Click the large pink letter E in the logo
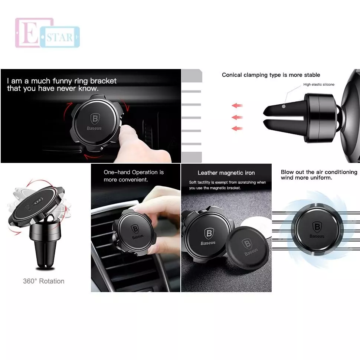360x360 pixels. [29, 33]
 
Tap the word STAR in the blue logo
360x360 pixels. [60, 37]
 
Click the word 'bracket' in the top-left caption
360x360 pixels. [103, 81]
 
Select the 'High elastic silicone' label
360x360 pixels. [319, 85]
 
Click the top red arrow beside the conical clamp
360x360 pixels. [237, 106]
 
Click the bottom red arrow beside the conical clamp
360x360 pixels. [237, 128]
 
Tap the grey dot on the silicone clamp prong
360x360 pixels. [284, 106]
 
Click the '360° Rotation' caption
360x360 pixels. [44, 281]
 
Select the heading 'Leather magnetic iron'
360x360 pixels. [226, 173]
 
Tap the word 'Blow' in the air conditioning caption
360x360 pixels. [287, 172]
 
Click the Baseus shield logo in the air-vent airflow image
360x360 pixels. [317, 227]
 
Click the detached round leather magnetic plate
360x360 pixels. [248, 246]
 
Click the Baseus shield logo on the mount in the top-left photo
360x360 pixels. [95, 119]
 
